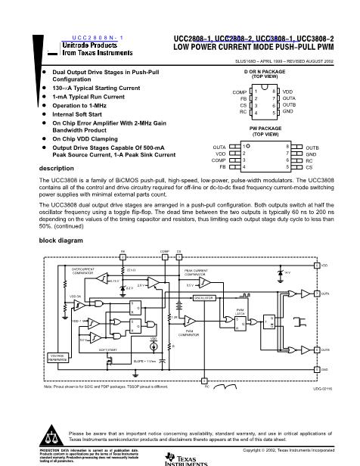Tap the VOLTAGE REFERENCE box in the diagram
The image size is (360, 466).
pos(38,357)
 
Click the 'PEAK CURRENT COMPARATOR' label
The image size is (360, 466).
pos(196,270)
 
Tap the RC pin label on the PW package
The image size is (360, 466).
pos(309,160)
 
